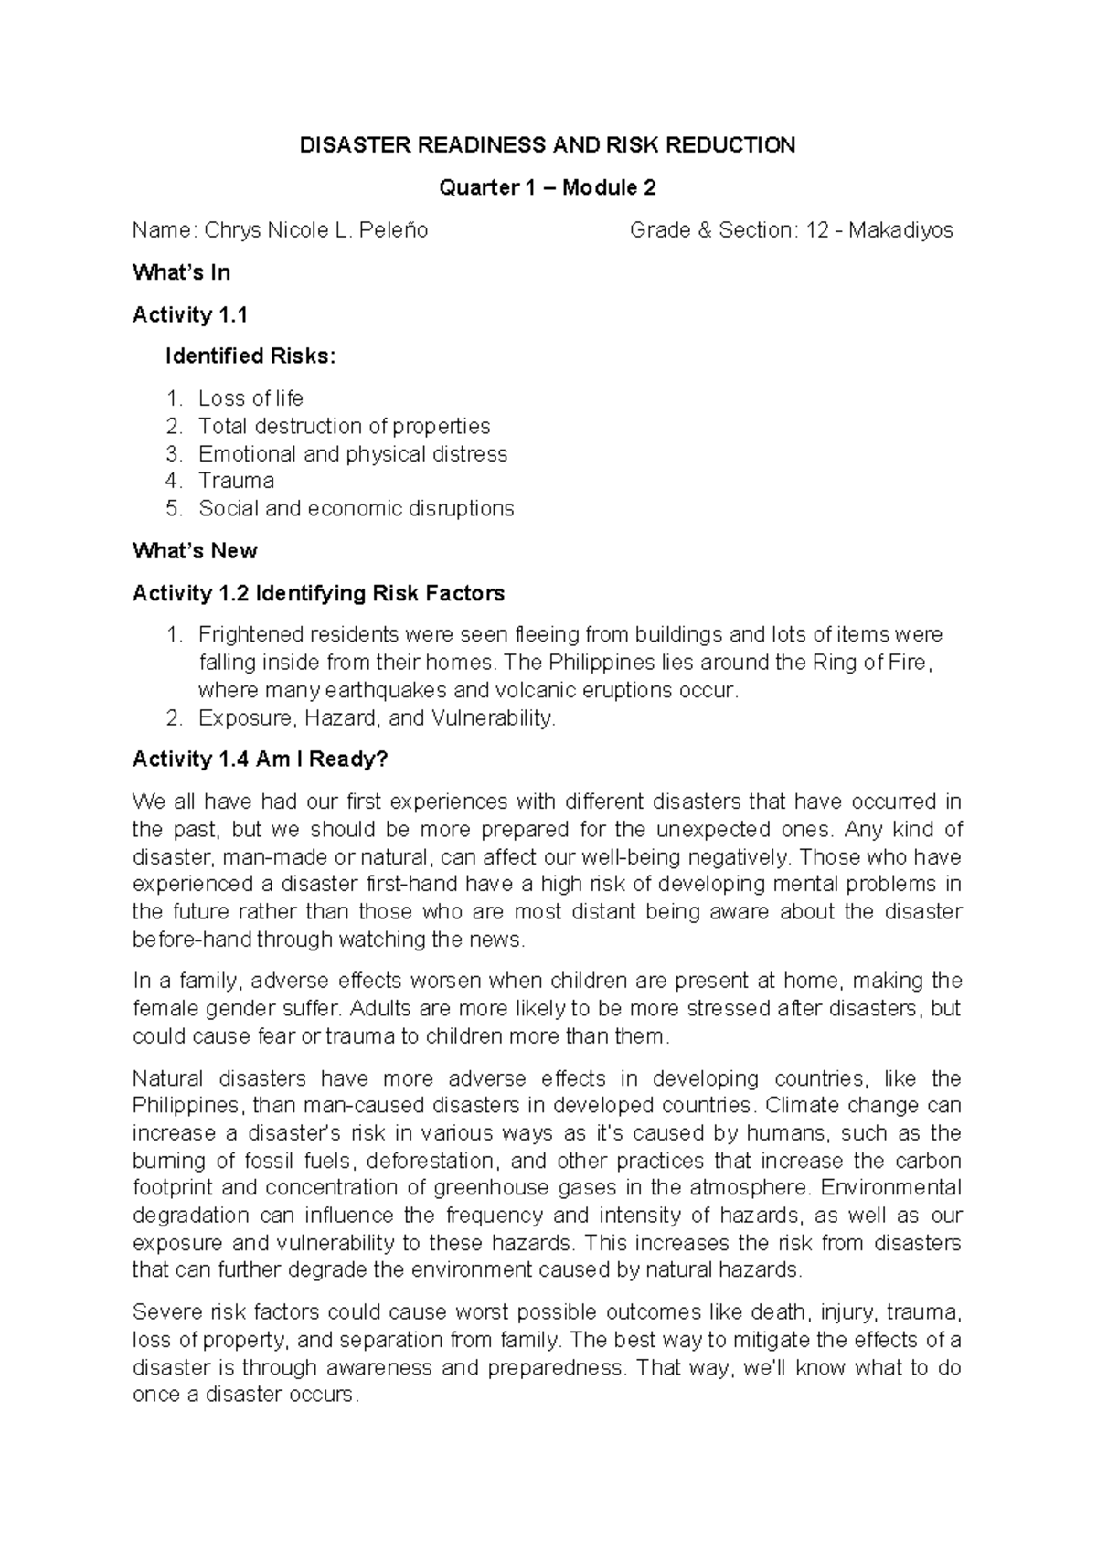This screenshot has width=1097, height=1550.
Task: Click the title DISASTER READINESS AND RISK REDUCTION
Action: click(548, 145)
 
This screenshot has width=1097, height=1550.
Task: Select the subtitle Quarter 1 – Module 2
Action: click(548, 188)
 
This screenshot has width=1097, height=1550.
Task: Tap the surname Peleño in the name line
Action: click(391, 230)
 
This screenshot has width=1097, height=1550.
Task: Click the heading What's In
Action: click(181, 272)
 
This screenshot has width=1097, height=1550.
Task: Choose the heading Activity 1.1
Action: click(190, 315)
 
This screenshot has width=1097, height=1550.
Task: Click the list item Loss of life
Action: click(250, 398)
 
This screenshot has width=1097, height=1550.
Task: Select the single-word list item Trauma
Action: click(236, 481)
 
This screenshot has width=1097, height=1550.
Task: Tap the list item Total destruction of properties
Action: click(344, 426)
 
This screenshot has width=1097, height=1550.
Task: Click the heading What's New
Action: click(195, 551)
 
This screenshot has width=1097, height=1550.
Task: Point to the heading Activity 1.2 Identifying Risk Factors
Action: click(318, 594)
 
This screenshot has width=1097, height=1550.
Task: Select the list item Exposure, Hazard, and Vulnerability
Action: click(377, 718)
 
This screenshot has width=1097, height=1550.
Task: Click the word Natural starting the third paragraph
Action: click(165, 1078)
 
